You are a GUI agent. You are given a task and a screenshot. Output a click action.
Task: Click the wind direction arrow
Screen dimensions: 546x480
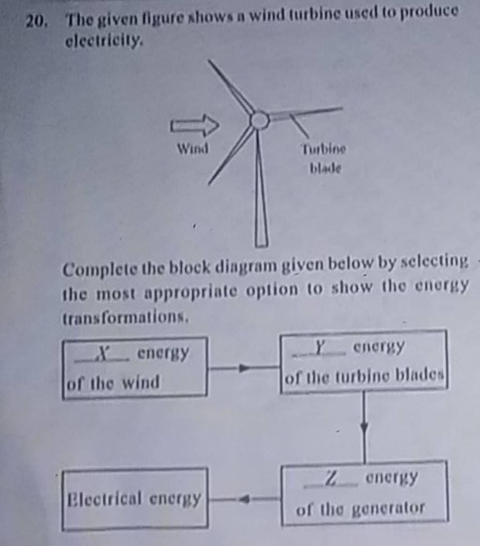[x=194, y=126]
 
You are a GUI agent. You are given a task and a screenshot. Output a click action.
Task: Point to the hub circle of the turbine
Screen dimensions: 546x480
[x=259, y=120]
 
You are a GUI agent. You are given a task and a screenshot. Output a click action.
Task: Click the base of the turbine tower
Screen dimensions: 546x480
[x=262, y=242]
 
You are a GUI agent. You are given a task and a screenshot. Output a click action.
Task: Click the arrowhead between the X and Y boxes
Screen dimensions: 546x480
[x=242, y=368]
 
